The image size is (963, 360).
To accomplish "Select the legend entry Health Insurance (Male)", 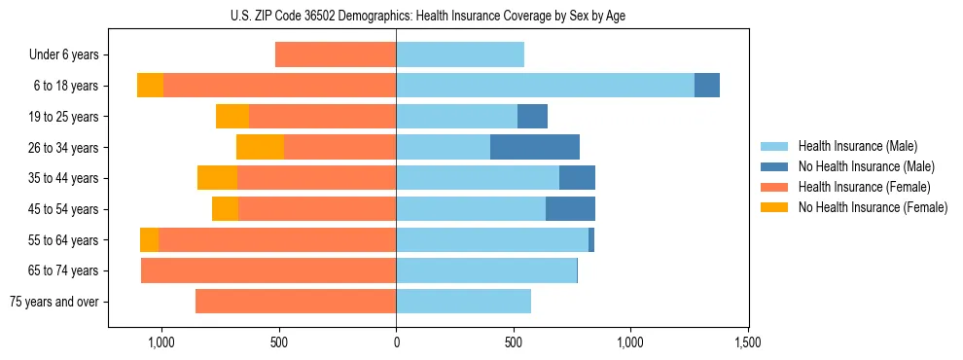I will tap(857, 146).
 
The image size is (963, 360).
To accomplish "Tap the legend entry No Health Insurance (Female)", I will tap(873, 207).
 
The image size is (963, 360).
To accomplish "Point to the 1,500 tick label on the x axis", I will tap(748, 343).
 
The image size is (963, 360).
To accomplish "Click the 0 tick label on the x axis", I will tap(396, 343).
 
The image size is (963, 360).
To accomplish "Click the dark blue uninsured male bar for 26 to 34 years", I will tap(535, 147).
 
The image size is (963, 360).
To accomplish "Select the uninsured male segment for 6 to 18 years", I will tap(707, 86).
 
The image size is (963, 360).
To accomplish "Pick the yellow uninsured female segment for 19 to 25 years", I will tap(232, 117).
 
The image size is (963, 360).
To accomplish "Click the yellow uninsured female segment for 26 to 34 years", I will tap(260, 147).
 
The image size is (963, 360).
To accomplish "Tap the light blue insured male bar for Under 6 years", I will tap(460, 54).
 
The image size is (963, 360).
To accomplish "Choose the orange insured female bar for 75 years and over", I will tap(296, 302).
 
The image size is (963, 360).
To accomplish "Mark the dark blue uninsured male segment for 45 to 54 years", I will tap(570, 209).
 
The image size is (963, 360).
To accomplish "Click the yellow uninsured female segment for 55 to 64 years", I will tap(149, 240).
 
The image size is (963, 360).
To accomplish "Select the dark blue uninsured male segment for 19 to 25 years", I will tap(532, 117).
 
